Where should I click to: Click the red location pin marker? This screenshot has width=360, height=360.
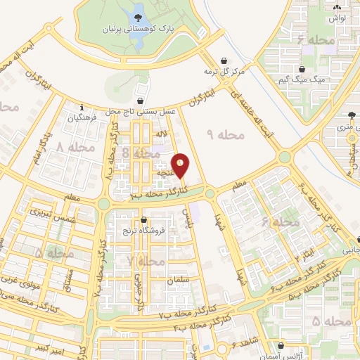[x=181, y=165]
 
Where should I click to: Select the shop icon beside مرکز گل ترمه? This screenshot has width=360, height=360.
[x=224, y=60]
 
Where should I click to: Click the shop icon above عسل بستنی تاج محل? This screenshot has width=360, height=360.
[x=142, y=101]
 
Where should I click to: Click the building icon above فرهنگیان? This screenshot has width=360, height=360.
[x=82, y=108]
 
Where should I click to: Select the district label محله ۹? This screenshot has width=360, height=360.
[x=224, y=134]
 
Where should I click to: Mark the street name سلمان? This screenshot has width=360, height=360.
[x=179, y=280]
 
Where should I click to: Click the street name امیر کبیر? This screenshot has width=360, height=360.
[x=53, y=347]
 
